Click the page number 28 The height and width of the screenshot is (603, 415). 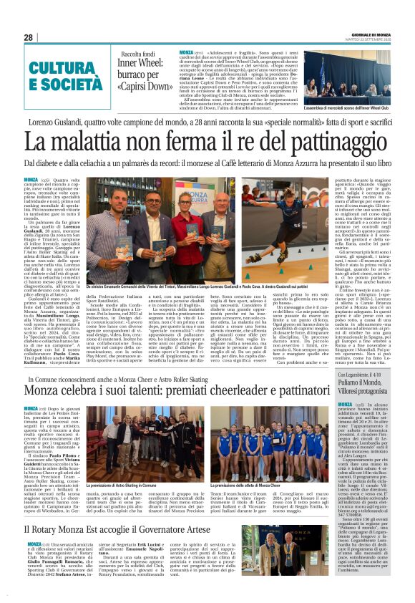click(x=29, y=37)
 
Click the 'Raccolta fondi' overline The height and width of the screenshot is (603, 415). click(x=139, y=54)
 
